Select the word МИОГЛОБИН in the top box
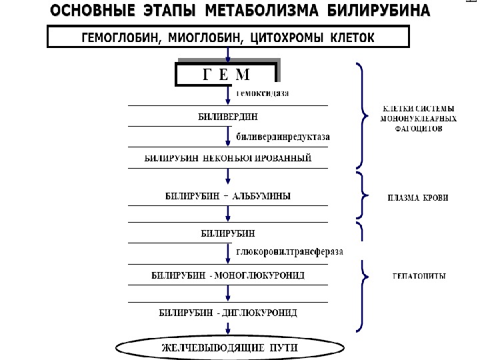[206, 38]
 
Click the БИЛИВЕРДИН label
[227, 116]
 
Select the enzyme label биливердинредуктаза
[283, 137]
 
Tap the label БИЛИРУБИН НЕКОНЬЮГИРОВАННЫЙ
[228, 159]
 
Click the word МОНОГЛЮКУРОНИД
[261, 275]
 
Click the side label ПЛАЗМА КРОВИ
[418, 198]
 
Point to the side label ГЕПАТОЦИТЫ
[418, 275]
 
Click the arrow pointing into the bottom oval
[228, 329]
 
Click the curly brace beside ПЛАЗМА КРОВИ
[362, 195]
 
